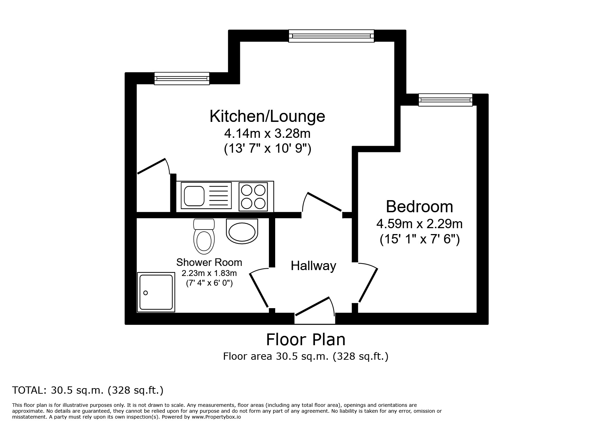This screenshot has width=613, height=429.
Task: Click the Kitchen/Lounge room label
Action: click(x=267, y=116)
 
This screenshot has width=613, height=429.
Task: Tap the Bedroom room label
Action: click(x=419, y=207)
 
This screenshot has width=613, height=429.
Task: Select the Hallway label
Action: click(x=313, y=266)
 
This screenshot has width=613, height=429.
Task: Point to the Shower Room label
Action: click(x=209, y=262)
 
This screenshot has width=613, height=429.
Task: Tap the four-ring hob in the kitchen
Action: click(x=253, y=196)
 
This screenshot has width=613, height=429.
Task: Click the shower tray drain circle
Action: click(x=146, y=293)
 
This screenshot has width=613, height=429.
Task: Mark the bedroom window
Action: click(x=445, y=100)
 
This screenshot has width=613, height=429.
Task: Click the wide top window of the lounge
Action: click(x=331, y=36)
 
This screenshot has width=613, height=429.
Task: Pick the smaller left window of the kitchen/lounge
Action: click(x=182, y=78)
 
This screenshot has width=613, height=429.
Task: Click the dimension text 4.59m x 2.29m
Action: click(x=419, y=224)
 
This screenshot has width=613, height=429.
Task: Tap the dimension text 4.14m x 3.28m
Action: click(x=267, y=133)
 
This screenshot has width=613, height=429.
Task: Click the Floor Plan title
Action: click(x=306, y=340)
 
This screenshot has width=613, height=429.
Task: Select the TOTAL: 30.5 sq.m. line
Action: click(x=88, y=390)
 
